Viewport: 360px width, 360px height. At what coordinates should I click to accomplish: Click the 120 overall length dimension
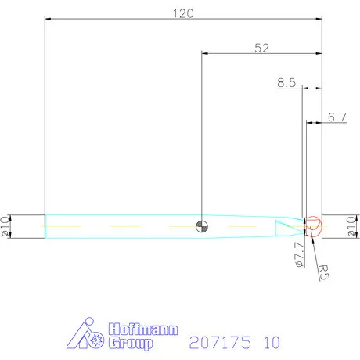(x=182, y=13)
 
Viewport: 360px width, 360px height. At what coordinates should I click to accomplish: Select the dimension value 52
(x=261, y=48)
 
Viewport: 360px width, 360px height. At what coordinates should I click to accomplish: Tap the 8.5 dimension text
(x=286, y=81)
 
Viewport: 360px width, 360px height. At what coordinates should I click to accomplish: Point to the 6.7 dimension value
(x=337, y=117)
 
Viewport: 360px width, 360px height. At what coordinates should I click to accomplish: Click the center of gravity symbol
(x=202, y=225)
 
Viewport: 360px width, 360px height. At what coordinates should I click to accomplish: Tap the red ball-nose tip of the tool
(x=314, y=225)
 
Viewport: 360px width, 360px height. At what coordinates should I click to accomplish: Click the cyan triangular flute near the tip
(x=286, y=225)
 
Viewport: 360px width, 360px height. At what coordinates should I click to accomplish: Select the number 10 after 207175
(x=271, y=343)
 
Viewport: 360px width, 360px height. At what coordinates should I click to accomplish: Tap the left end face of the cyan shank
(x=45, y=225)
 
